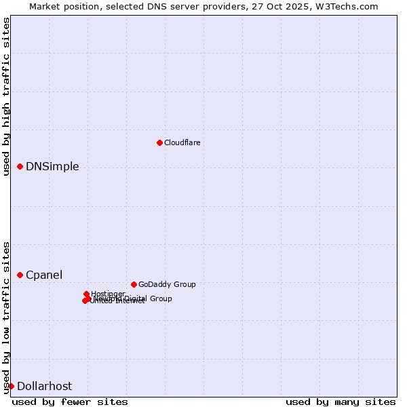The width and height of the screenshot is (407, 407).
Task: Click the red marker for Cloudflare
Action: coord(159,142)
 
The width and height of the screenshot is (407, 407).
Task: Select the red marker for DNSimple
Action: coord(20,166)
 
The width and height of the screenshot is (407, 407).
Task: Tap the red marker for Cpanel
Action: coord(20,275)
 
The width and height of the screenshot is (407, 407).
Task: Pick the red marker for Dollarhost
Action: coord(11,386)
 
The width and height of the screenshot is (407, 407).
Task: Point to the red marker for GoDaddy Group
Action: coord(134,284)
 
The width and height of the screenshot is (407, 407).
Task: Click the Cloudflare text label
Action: coord(182,142)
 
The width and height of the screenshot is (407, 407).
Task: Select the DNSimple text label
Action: coord(52,167)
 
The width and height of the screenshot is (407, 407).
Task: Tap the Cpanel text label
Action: coord(44,275)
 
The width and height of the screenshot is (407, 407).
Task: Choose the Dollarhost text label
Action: coord(44,387)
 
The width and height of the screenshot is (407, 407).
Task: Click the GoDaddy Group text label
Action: coord(167,284)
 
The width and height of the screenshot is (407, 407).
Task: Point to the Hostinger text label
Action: coord(108,294)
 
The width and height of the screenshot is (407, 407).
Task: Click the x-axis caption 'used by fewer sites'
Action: coord(70,402)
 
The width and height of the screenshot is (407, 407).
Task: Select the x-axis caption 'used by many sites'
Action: coord(341,402)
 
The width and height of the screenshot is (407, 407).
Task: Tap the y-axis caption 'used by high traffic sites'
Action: coord(6,96)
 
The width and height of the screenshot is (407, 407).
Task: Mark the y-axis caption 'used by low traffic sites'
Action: coord(6,317)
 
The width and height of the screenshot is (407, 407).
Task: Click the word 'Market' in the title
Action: coord(45,6)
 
